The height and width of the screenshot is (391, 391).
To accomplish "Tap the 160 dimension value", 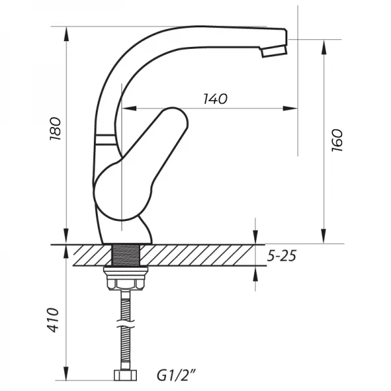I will point(336,140).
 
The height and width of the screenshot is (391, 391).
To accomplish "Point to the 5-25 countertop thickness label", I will point(282,256).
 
